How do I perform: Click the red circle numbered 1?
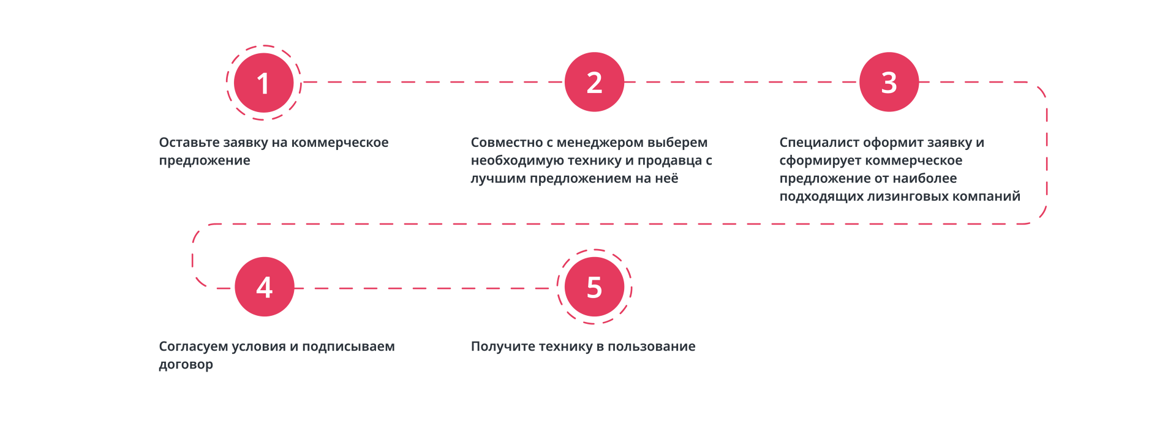(x=264, y=83)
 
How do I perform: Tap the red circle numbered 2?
(x=594, y=82)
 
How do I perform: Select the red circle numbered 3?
(x=889, y=82)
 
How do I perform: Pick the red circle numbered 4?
(x=264, y=286)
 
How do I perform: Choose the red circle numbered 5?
(x=594, y=286)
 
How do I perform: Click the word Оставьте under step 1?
(x=189, y=143)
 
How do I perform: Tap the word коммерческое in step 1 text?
(x=339, y=143)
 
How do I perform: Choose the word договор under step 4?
(x=186, y=365)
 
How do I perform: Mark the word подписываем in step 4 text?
(x=348, y=347)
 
